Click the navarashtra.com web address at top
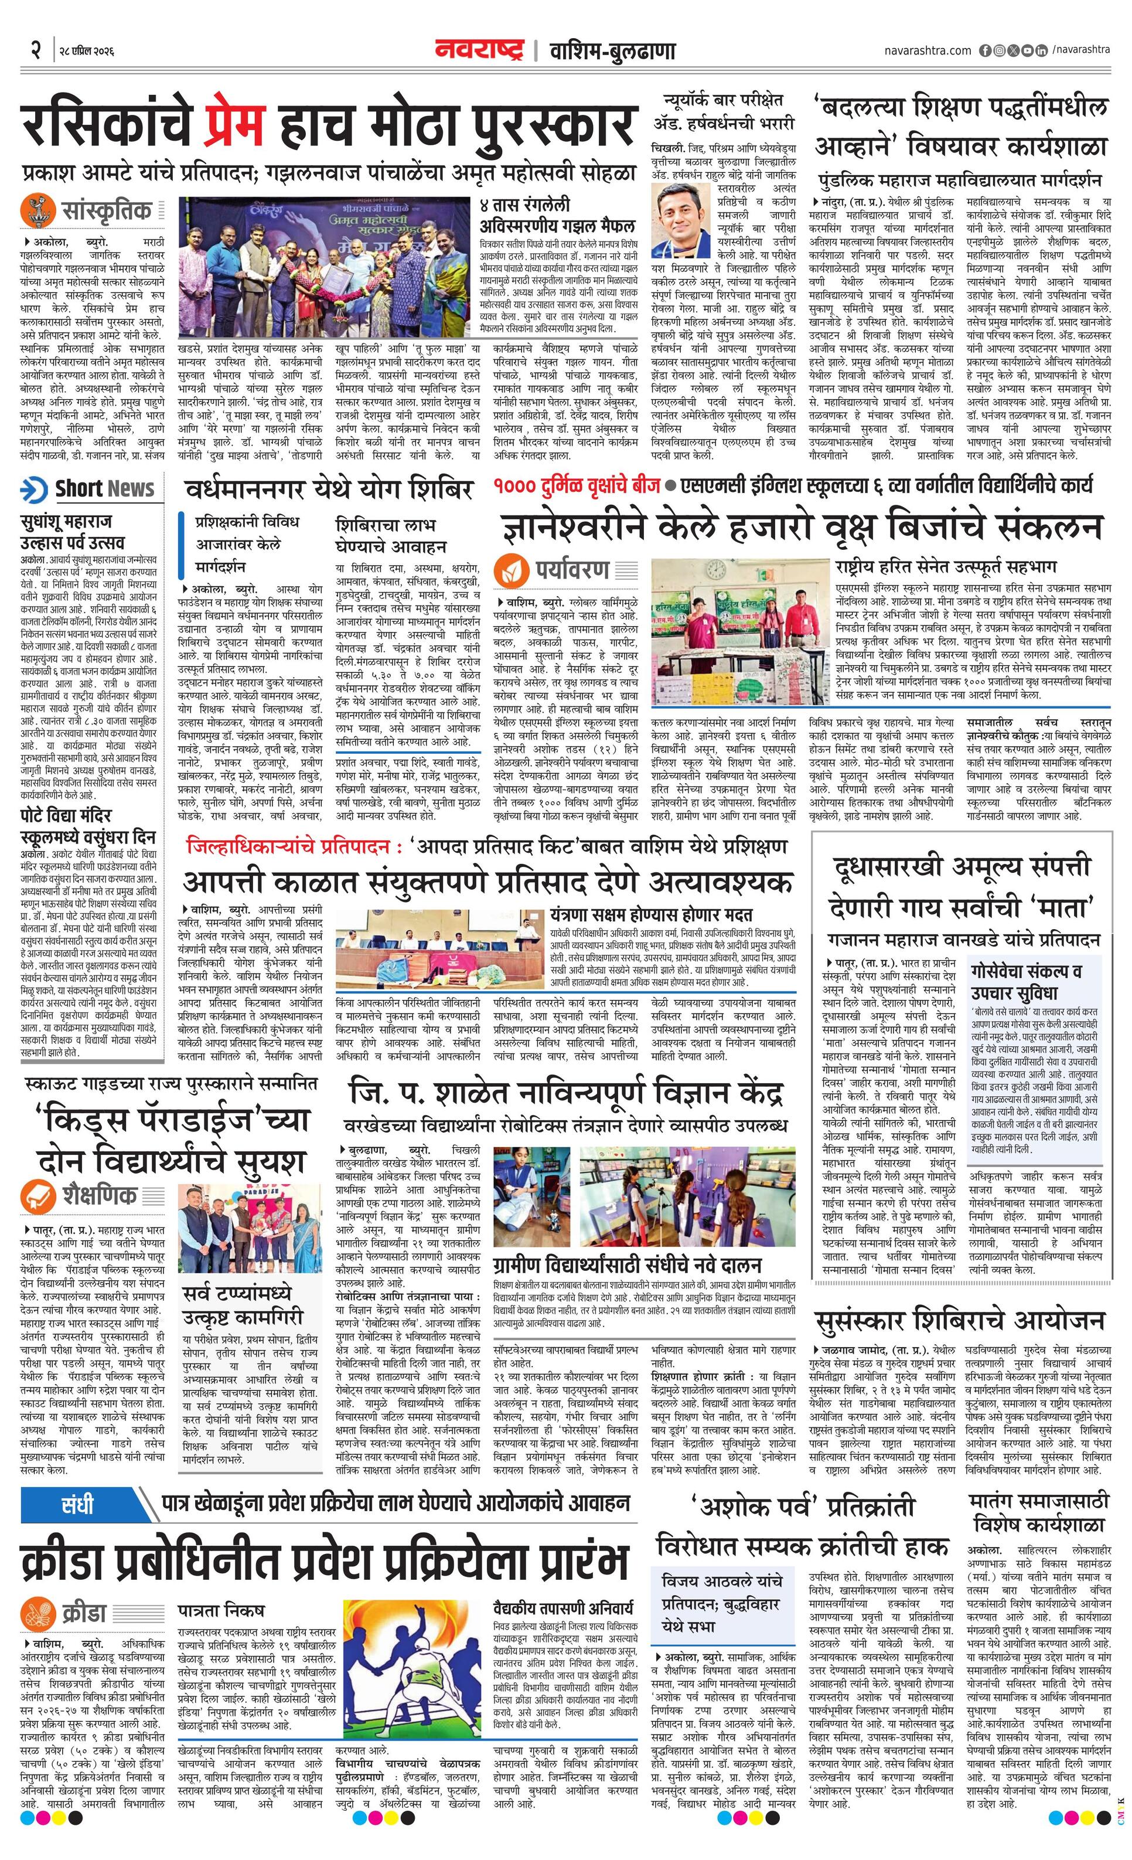928,50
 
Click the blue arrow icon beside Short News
34,489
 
